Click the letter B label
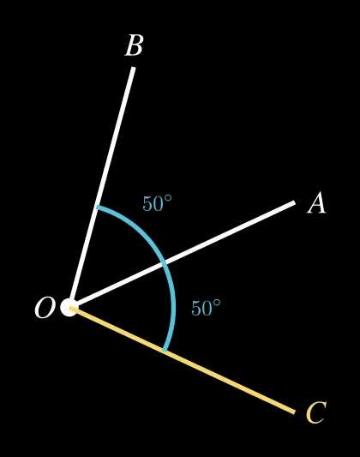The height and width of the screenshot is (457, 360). pyautogui.click(x=134, y=45)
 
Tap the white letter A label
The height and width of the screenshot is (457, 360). pyautogui.click(x=316, y=203)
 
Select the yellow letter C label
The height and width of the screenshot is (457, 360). pyautogui.click(x=316, y=412)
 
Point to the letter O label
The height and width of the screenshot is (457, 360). pyautogui.click(x=45, y=308)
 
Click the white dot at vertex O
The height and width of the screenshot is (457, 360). pyautogui.click(x=69, y=307)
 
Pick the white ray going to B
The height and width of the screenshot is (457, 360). pyautogui.click(x=101, y=188)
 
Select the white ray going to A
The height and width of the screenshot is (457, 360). pyautogui.click(x=183, y=255)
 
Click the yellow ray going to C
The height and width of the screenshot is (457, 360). pyautogui.click(x=183, y=359)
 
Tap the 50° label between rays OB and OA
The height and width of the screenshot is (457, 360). pyautogui.click(x=157, y=203)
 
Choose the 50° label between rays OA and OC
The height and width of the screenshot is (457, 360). pyautogui.click(x=206, y=308)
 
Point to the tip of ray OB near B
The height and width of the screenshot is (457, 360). pyautogui.click(x=134, y=68)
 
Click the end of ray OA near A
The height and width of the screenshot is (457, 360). pyautogui.click(x=295, y=202)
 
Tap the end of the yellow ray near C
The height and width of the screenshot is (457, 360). pyautogui.click(x=295, y=412)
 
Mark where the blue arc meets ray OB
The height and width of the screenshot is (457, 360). pyautogui.click(x=97, y=207)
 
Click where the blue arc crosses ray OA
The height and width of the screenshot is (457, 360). pyautogui.click(x=165, y=263)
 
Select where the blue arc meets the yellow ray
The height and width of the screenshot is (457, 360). pyautogui.click(x=165, y=351)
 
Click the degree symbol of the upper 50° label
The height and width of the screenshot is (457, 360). pyautogui.click(x=168, y=198)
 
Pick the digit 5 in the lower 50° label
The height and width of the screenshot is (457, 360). pyautogui.click(x=196, y=308)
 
